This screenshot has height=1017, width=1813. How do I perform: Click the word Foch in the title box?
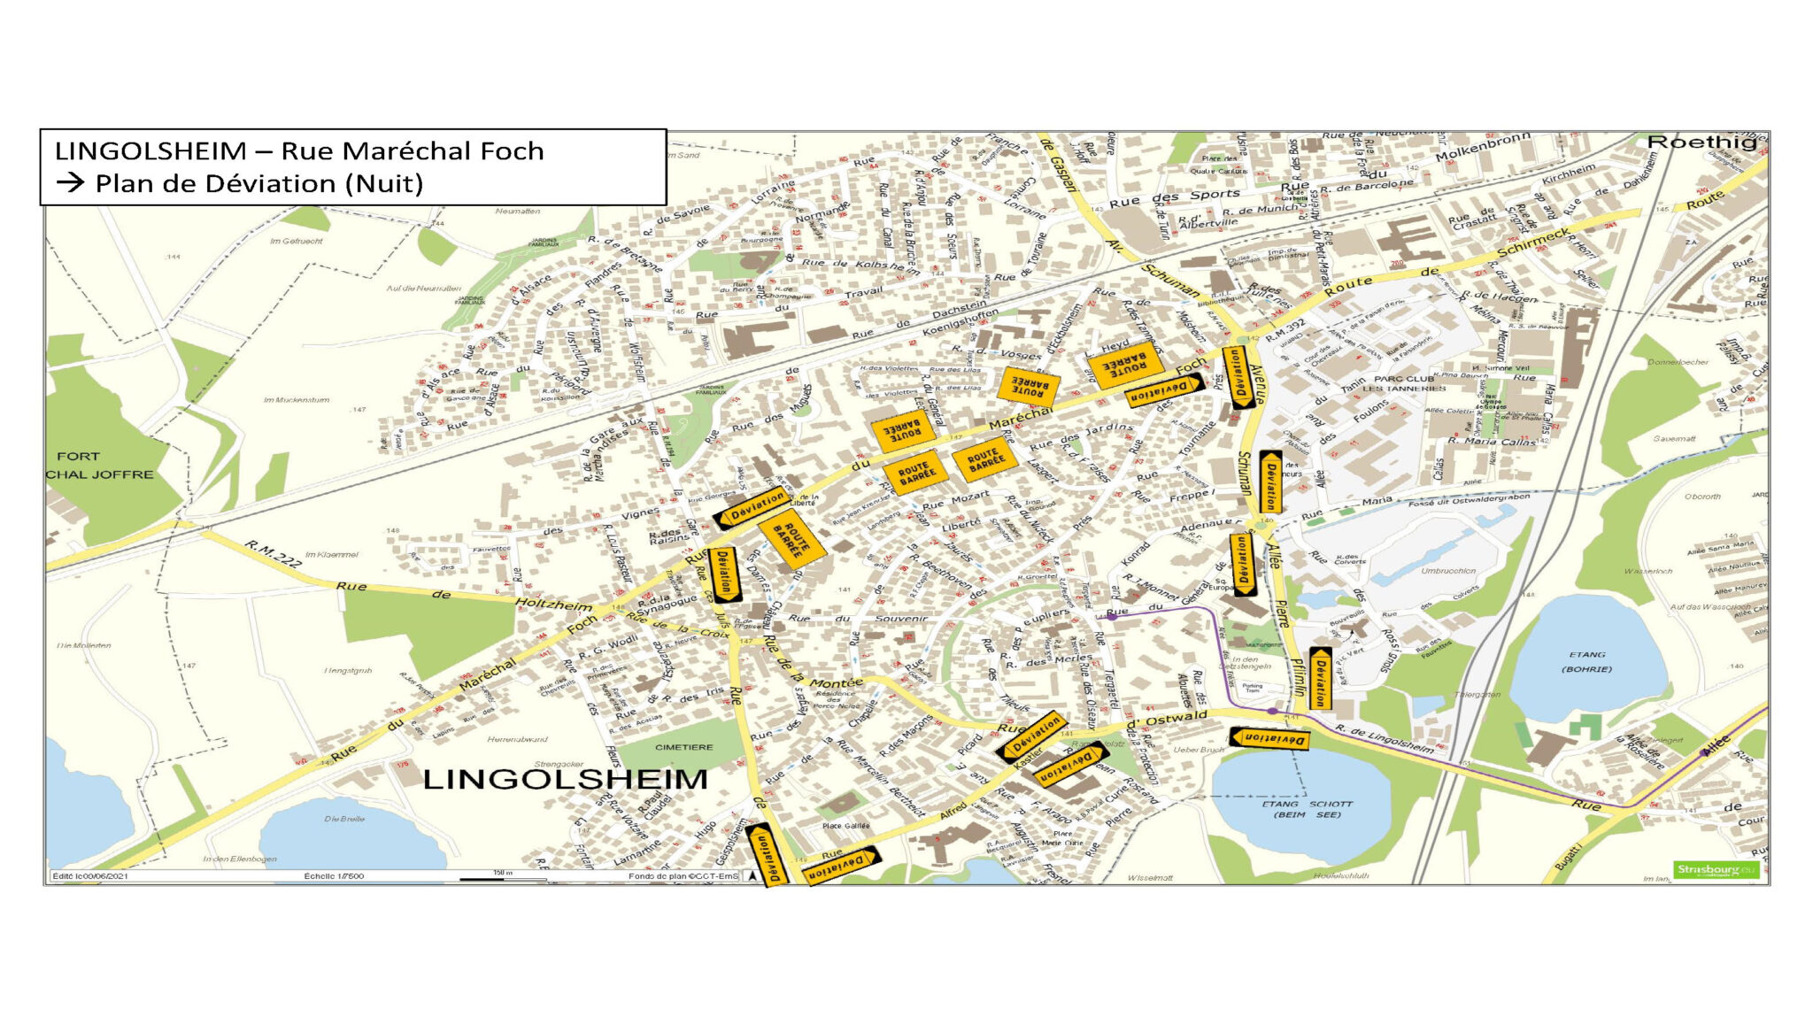click(x=511, y=151)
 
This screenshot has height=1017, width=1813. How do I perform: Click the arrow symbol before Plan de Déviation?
click(x=71, y=183)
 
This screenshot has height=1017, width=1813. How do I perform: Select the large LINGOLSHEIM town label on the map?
click(x=566, y=779)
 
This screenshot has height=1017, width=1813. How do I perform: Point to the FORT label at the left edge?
click(x=78, y=457)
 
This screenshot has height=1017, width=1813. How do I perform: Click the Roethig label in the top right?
click(x=1701, y=143)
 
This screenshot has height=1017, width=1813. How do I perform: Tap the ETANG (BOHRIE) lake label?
click(x=1586, y=661)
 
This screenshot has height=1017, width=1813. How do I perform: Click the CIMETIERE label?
click(x=683, y=747)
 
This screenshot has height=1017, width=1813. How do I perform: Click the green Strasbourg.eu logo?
click(x=1715, y=870)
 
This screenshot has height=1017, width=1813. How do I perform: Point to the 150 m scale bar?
click(x=502, y=876)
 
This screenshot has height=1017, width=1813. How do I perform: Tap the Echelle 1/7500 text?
click(x=333, y=876)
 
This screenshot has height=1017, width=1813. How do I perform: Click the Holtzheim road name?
click(x=553, y=605)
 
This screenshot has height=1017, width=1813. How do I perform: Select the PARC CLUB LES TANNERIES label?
click(x=1404, y=383)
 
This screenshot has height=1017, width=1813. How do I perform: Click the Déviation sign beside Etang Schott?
click(x=1269, y=737)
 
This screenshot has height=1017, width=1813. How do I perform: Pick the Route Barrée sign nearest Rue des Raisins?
click(x=791, y=537)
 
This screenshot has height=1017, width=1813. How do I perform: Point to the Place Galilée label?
click(x=845, y=826)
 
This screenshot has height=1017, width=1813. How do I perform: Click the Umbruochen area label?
click(x=1448, y=571)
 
